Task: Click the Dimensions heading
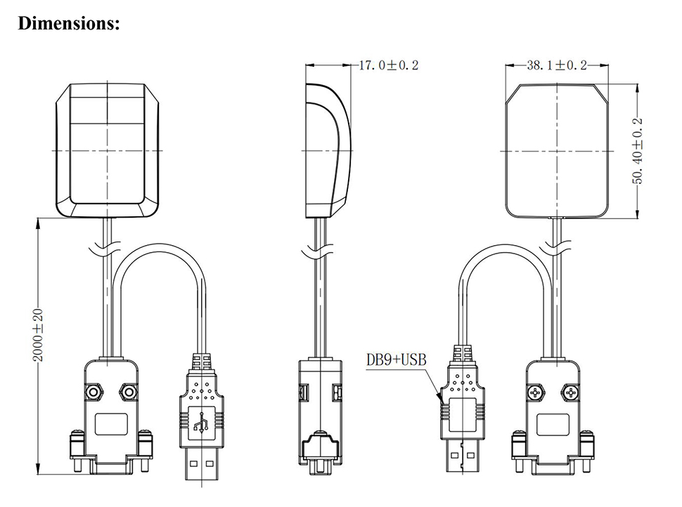click(x=69, y=23)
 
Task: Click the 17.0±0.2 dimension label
click(x=388, y=65)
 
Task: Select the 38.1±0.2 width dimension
click(x=557, y=65)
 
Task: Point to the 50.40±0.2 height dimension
click(x=637, y=151)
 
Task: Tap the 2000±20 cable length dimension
click(x=38, y=335)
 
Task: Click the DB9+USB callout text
click(x=397, y=360)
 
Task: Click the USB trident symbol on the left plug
click(x=201, y=421)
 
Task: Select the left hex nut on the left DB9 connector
click(x=93, y=393)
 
